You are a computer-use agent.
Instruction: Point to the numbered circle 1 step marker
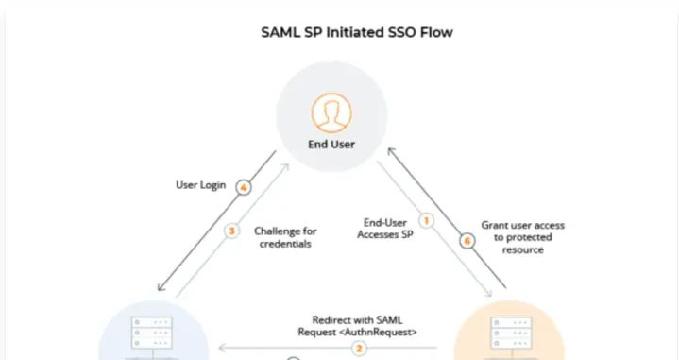(x=425, y=221)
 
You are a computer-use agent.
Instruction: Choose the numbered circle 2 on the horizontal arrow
(x=359, y=348)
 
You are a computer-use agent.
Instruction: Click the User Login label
(x=200, y=185)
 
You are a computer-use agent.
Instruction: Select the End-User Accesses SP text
(x=383, y=229)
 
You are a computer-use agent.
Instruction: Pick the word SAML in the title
(x=280, y=31)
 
